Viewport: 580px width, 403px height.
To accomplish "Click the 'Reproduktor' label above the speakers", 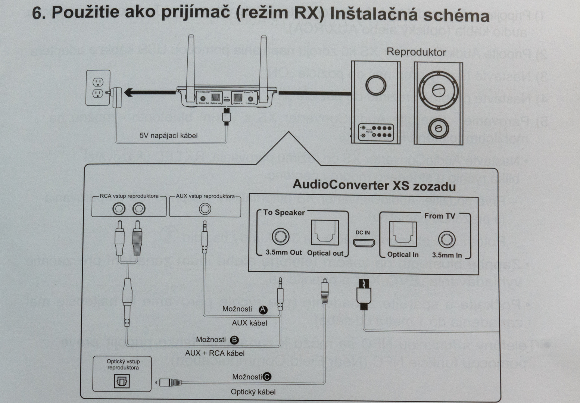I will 416,52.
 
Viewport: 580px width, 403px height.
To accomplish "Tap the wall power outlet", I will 98,88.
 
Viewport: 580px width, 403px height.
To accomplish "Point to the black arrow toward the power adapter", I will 149,92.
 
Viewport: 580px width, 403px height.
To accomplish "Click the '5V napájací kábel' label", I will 168,135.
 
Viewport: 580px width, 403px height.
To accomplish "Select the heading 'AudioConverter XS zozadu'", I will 374,185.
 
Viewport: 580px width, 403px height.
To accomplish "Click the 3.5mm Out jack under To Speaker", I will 281,237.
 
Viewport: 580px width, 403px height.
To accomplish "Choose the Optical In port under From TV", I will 403,234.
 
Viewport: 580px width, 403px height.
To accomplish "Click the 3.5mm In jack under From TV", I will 446,239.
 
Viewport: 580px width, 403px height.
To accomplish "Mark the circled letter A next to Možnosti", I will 263,309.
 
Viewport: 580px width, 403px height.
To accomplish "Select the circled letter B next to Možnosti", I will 234,340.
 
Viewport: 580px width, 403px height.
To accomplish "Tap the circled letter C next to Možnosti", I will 267,377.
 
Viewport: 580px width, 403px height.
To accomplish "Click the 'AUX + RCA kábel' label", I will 215,353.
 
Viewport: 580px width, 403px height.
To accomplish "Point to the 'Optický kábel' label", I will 253,392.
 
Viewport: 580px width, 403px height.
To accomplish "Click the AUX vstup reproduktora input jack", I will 205,209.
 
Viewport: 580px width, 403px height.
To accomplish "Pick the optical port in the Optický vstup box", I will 122,381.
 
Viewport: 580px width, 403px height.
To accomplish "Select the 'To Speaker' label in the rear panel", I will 284,213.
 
